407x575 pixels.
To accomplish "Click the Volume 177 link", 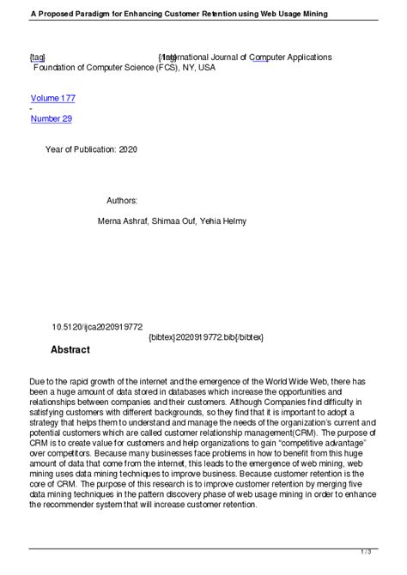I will [x=52, y=100].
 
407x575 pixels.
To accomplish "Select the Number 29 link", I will [x=51, y=118].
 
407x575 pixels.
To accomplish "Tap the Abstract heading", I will [x=70, y=350].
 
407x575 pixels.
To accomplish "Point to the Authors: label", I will [x=122, y=200].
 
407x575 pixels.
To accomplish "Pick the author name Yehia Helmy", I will [x=224, y=221].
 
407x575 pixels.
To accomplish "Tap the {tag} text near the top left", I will [x=38, y=57].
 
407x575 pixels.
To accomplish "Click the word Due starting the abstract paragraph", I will [x=38, y=380].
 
